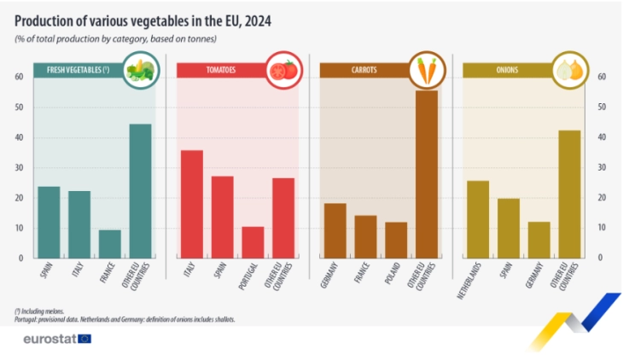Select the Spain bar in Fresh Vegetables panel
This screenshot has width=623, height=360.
49,222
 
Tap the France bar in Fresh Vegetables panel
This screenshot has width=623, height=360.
110,243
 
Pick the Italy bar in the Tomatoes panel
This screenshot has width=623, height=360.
192,204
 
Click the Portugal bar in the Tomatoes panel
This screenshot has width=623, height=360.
253,241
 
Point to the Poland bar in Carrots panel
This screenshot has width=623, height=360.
396,240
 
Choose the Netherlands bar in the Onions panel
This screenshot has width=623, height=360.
478,219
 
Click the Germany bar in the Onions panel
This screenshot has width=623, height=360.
539,240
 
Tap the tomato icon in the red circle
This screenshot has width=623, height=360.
282,70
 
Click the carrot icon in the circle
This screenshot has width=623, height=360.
426,70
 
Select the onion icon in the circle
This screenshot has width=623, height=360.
569,70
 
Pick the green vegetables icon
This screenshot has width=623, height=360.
139,70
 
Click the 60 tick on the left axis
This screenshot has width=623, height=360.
18,77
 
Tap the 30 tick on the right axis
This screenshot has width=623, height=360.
603,167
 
